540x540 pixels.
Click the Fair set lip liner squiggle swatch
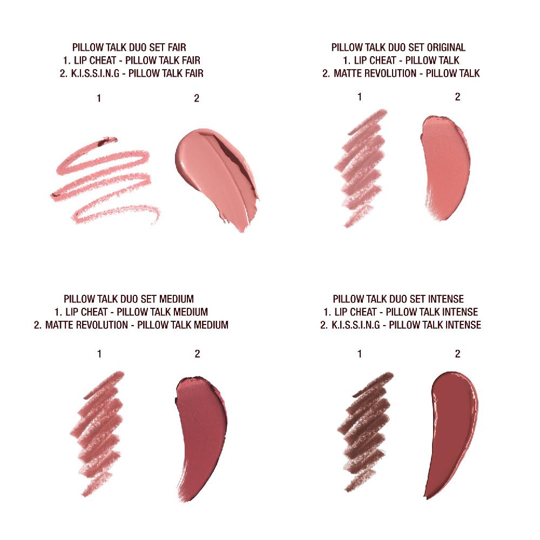pos(103,178)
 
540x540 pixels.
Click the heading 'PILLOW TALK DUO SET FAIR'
pos(133,47)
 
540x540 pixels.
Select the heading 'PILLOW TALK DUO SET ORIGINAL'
pos(399,47)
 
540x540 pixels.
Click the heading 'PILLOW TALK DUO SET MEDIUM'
pos(129,299)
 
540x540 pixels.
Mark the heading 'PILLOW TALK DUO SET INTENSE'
pos(399,299)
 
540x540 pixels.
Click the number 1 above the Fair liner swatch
pos(99,98)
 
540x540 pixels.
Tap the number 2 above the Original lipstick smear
pos(457,97)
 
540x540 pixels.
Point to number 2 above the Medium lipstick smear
pos(198,354)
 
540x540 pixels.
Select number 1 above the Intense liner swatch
pos(360,354)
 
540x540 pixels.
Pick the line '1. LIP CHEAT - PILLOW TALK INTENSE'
pos(401,312)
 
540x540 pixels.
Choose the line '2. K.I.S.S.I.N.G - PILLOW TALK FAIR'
pos(133,73)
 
